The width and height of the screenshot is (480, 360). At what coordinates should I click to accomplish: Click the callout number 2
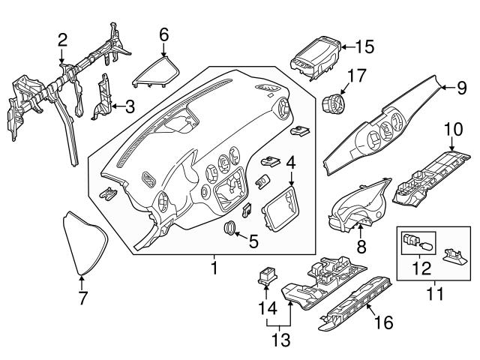click(62, 39)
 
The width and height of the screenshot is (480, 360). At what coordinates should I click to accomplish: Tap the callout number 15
click(364, 47)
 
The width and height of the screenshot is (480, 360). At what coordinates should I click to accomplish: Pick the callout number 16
click(382, 323)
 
